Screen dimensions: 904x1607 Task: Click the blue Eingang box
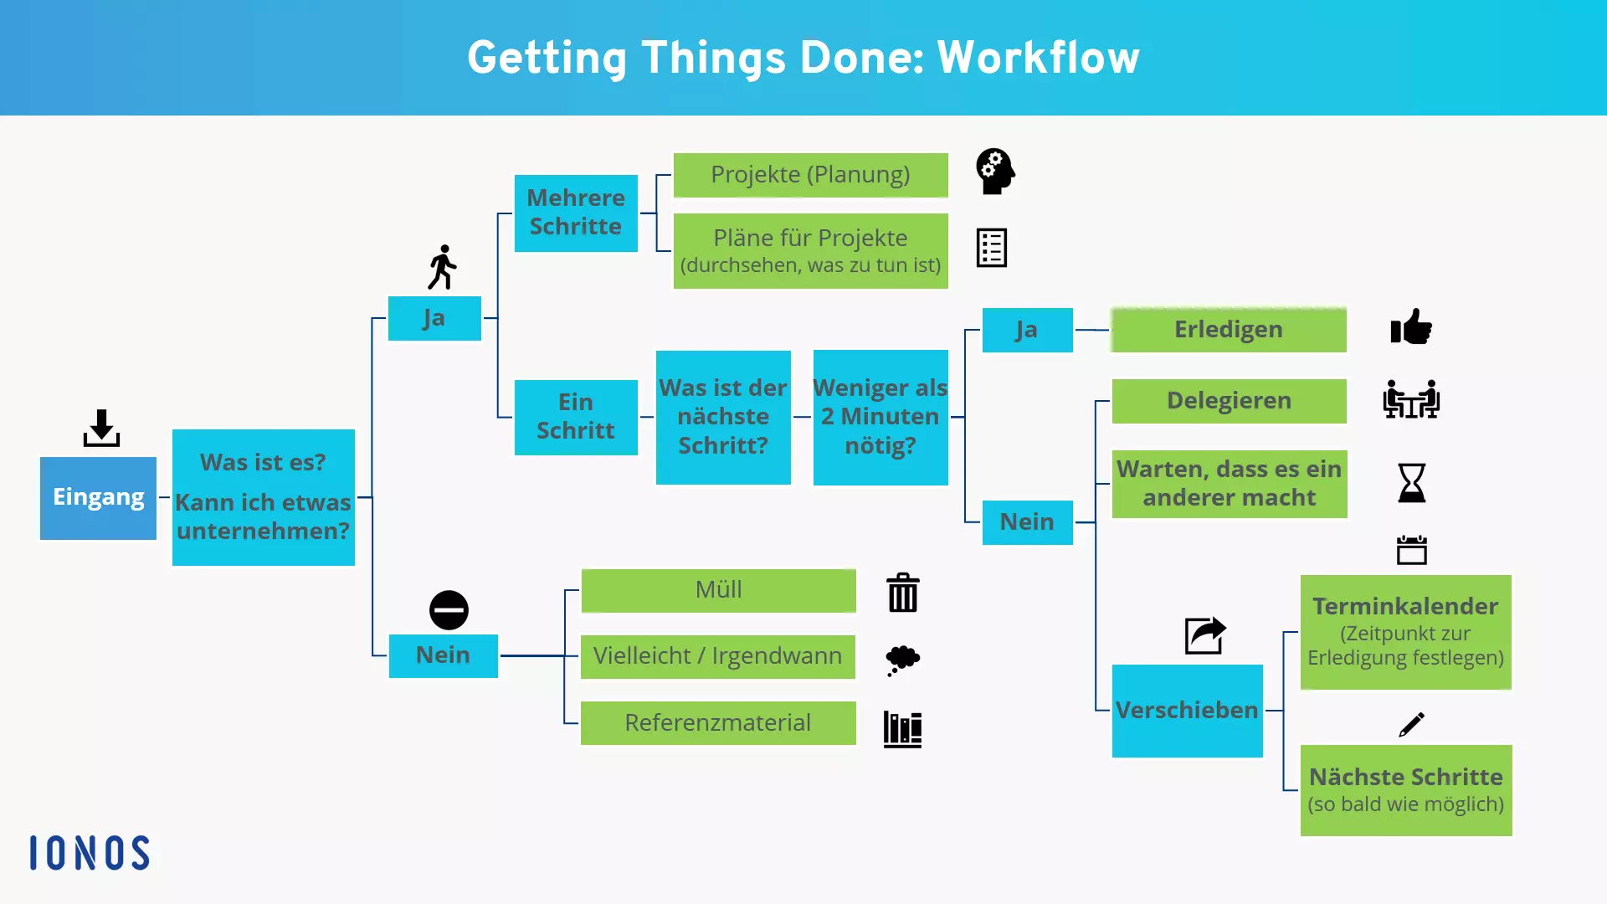click(x=98, y=497)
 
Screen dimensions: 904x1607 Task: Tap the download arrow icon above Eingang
click(x=101, y=428)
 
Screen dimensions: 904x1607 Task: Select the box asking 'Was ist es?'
click(x=263, y=497)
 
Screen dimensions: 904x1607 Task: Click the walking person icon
click(x=442, y=267)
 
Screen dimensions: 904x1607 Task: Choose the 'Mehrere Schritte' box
click(x=576, y=213)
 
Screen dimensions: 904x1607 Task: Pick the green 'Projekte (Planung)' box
click(x=810, y=175)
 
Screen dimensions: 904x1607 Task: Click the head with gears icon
click(x=995, y=172)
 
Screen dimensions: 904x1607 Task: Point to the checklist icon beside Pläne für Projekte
click(x=991, y=248)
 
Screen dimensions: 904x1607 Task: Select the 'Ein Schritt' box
click(x=576, y=417)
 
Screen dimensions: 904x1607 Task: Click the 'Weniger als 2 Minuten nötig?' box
click(x=880, y=417)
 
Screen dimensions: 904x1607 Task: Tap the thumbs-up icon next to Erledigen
click(x=1411, y=327)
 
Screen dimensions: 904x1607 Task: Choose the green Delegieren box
click(x=1229, y=401)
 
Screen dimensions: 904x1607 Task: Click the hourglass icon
click(x=1411, y=483)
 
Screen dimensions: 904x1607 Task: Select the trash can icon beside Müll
click(x=902, y=593)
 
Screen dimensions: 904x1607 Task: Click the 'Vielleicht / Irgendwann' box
click(x=717, y=656)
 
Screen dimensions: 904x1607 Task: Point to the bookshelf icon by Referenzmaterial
click(x=902, y=729)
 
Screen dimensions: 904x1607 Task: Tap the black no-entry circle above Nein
click(x=449, y=610)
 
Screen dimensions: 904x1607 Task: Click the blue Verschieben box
click(x=1187, y=711)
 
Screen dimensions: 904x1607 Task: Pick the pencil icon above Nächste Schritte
click(x=1411, y=724)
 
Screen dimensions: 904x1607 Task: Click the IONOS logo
click(x=90, y=853)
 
